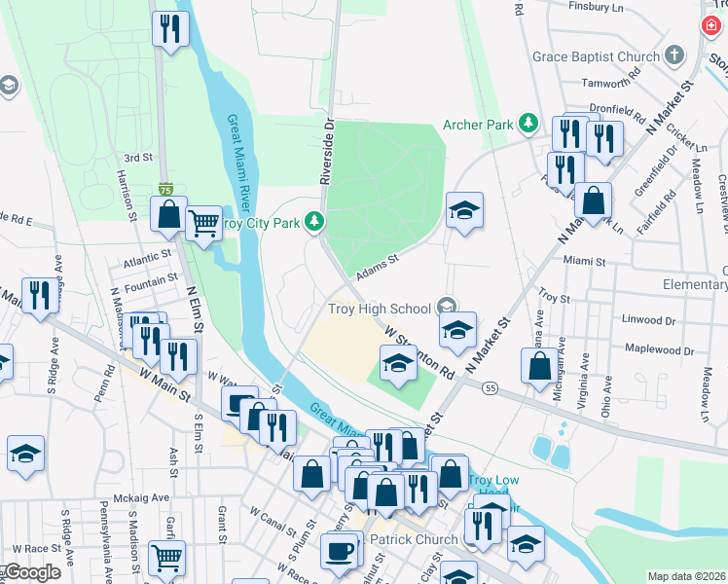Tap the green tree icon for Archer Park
(528, 123)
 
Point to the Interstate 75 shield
(166, 187)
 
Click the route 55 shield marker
(490, 387)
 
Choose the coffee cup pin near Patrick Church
(339, 550)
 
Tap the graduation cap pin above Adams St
(465, 209)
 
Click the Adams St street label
(378, 268)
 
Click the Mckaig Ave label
(141, 496)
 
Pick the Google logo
(32, 572)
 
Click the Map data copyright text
(686, 576)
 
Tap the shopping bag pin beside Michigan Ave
(539, 366)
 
